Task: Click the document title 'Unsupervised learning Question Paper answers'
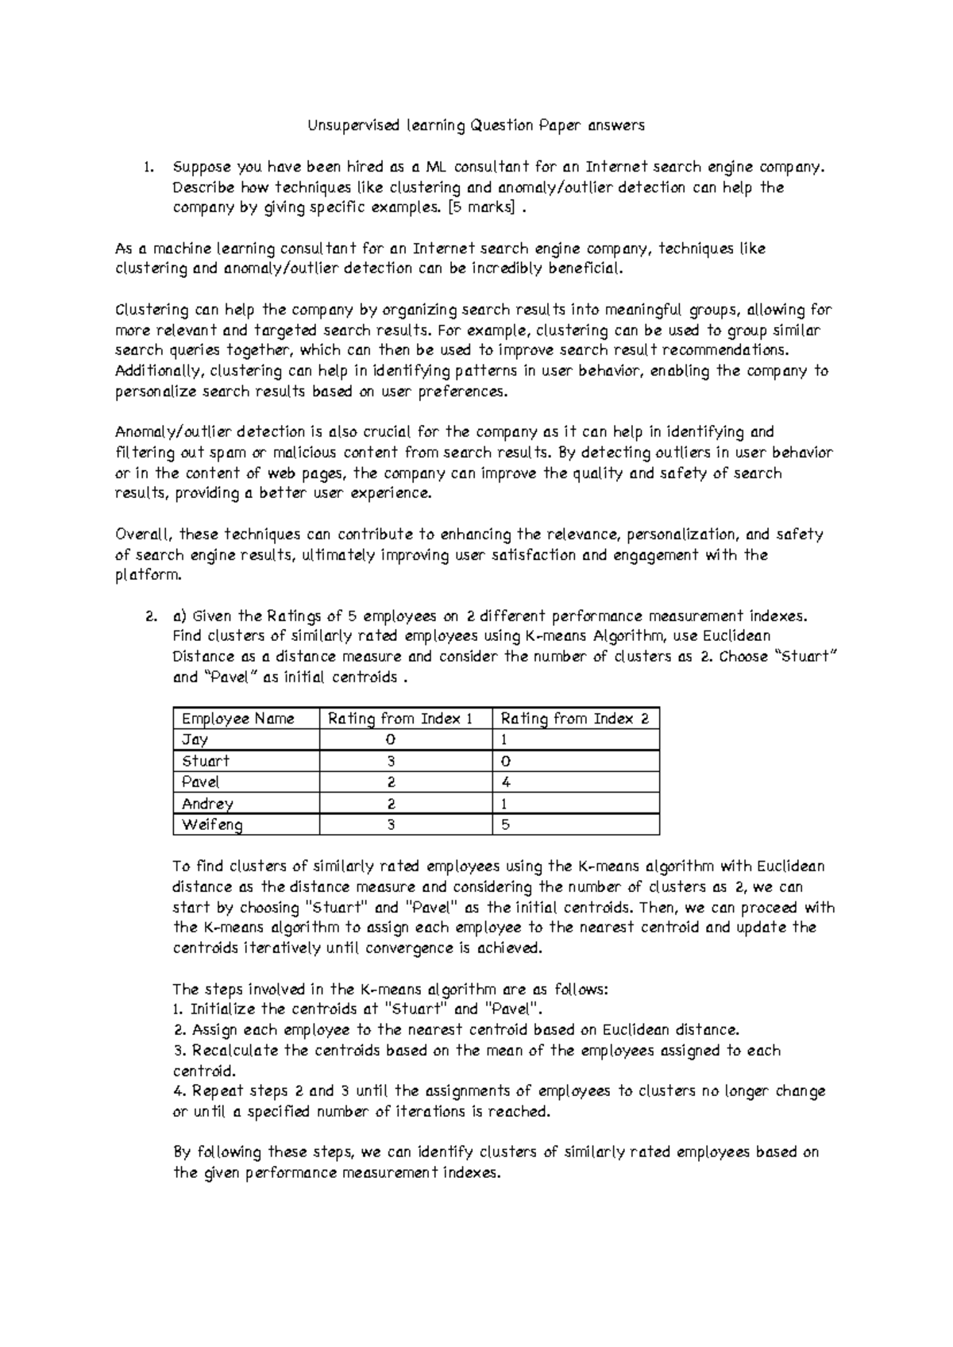coord(476,125)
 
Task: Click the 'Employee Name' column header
coord(237,719)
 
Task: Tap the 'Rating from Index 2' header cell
coord(574,719)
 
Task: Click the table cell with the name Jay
coord(195,740)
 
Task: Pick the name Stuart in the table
coord(206,761)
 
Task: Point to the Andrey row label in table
coord(207,804)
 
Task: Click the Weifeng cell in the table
coord(212,825)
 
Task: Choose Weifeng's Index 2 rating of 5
coord(505,825)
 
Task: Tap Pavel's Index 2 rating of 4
coord(505,782)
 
